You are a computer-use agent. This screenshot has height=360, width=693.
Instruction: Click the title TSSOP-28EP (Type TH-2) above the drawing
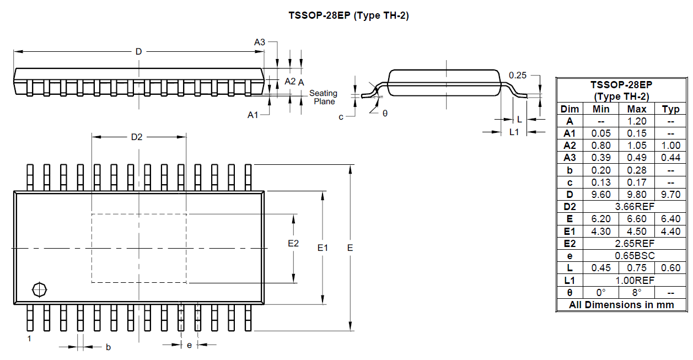click(x=348, y=15)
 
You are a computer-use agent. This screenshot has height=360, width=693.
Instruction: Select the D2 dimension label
click(x=137, y=137)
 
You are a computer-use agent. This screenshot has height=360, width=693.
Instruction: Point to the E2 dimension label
click(x=293, y=243)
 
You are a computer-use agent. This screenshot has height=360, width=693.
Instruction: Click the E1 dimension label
click(x=323, y=248)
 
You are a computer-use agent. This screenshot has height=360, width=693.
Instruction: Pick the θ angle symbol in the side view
click(x=385, y=113)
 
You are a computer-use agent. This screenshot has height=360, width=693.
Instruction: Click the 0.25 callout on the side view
click(x=518, y=75)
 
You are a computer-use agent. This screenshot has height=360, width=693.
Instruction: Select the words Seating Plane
click(x=324, y=97)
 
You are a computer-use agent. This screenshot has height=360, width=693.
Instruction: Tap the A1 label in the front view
click(x=253, y=115)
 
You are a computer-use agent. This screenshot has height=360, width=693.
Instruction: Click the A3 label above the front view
click(x=260, y=42)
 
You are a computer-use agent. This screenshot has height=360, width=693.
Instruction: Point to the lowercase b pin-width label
click(x=108, y=347)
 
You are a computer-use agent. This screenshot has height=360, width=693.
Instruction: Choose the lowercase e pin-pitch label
click(x=189, y=345)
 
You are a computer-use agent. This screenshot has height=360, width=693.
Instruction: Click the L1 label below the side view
click(x=514, y=132)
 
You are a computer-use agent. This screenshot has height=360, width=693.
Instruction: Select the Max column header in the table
click(x=637, y=109)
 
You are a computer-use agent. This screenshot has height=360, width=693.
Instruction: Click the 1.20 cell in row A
click(x=637, y=121)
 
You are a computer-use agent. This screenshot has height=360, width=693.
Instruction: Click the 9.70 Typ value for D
click(x=670, y=195)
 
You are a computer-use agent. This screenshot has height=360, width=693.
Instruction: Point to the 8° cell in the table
click(x=637, y=293)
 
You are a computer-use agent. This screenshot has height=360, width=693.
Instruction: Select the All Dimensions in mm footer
click(x=621, y=305)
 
